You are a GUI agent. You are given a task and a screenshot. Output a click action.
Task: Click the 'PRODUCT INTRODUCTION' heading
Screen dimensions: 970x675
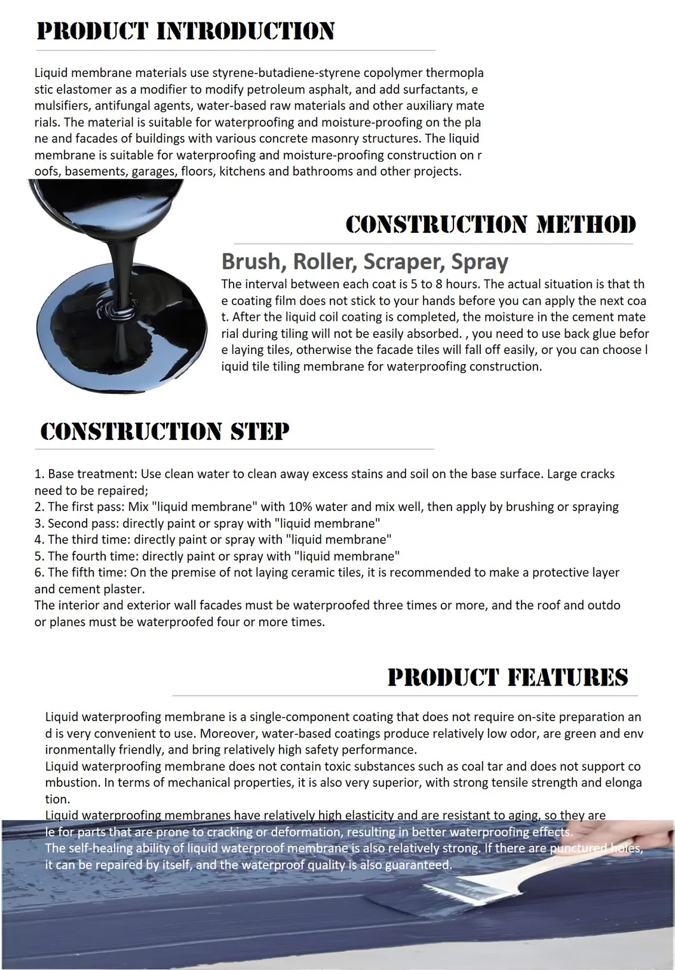coord(185,31)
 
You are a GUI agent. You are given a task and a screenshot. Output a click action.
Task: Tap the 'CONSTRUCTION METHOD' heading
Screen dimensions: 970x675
coord(490,225)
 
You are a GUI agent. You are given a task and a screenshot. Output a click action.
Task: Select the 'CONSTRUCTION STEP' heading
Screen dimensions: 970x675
coord(165,432)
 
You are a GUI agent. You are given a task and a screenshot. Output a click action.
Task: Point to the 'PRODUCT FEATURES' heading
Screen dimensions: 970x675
coord(508,677)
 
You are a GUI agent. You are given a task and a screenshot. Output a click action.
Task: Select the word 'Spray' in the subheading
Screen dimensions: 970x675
coord(480,262)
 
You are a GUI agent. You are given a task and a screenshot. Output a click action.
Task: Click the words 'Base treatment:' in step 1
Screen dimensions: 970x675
coord(92,474)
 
